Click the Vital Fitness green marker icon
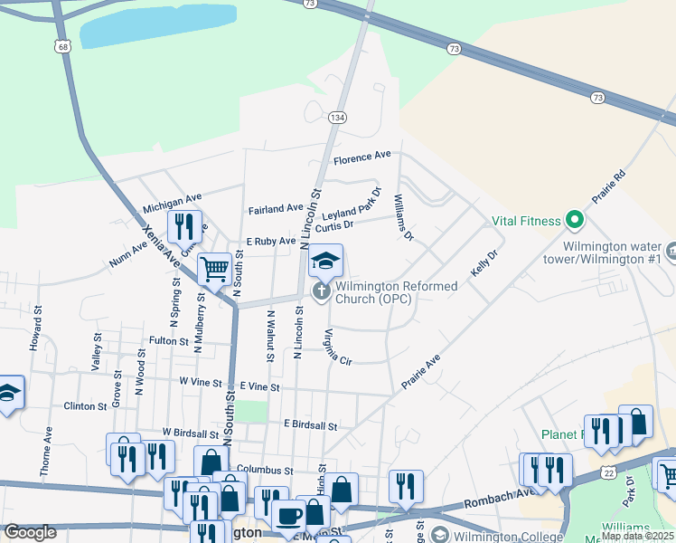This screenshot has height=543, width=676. [573, 220]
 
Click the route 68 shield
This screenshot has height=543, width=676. [61, 46]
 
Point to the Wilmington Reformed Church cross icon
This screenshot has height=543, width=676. [320, 291]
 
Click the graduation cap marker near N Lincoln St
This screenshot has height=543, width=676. [325, 262]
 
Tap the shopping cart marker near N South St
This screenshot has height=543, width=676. [214, 269]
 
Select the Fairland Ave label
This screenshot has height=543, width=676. [276, 209]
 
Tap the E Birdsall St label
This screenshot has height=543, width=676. [310, 424]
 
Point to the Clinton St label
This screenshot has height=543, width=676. [85, 406]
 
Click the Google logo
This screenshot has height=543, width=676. [30, 532]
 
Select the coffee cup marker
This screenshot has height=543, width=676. [288, 516]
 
